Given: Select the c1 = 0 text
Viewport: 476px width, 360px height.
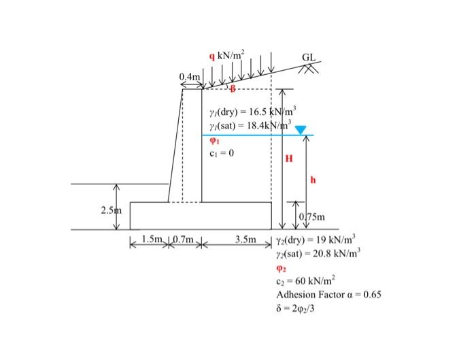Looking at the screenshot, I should point(223,152).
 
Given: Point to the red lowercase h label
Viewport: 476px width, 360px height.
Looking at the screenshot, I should point(313,180).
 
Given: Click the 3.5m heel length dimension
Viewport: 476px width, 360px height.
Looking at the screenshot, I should point(245,240).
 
